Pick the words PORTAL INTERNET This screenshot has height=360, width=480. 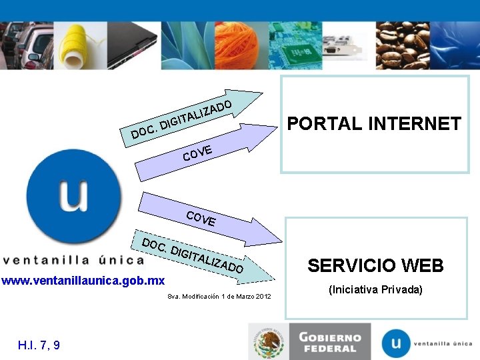pos(373,124)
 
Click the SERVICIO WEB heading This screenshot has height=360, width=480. pos(375,266)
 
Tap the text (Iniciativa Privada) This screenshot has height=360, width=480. pos(375,290)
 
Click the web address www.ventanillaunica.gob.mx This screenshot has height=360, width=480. pos(83,281)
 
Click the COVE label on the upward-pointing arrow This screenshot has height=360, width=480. pos(198,153)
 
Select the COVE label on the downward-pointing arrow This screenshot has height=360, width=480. pos(201,218)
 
